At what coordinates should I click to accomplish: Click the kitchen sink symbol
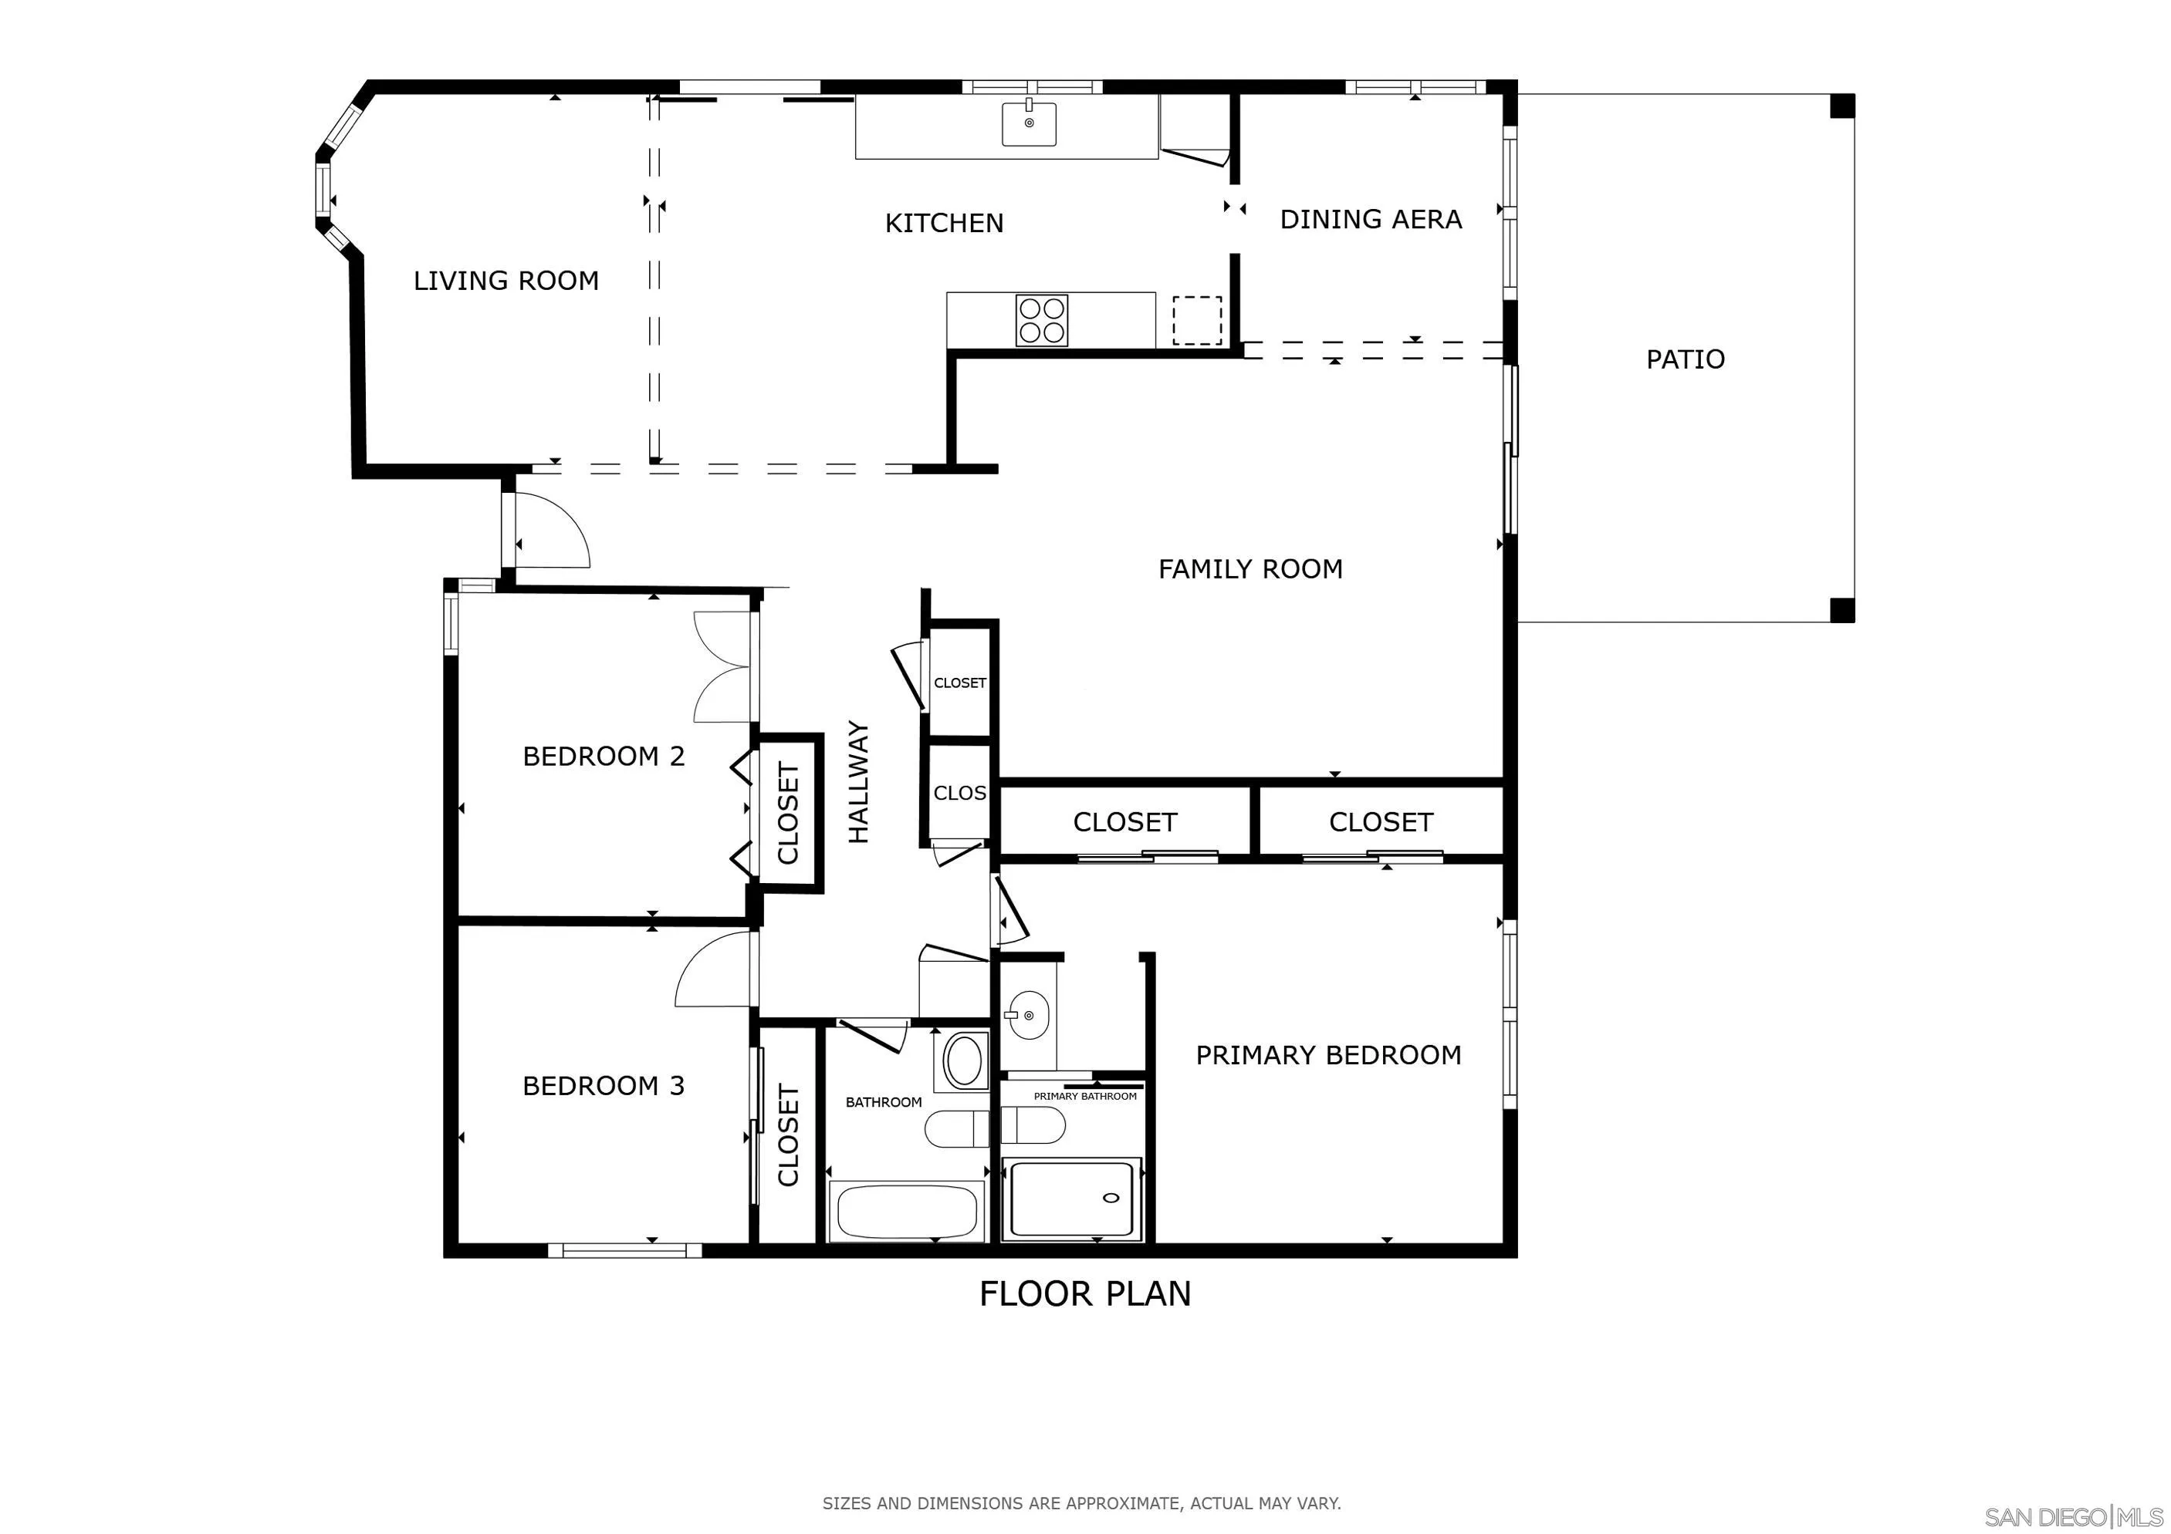pos(1029,124)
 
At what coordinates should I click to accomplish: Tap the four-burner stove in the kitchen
pos(1041,320)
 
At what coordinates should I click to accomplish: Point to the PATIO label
pos(1685,359)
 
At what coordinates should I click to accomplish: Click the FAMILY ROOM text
pos(1250,569)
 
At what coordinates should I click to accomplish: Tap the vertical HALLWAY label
pos(857,783)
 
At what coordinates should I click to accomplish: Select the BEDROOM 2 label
pos(604,756)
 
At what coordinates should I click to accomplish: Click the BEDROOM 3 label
pos(604,1086)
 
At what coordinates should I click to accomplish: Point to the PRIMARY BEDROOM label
pos(1327,1055)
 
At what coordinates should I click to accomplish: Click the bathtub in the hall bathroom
pos(906,1210)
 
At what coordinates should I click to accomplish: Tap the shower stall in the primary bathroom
pos(1071,1199)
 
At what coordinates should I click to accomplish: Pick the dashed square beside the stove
pos(1197,320)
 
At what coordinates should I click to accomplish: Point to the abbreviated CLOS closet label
pos(959,793)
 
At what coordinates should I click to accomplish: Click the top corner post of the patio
pos(1842,106)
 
